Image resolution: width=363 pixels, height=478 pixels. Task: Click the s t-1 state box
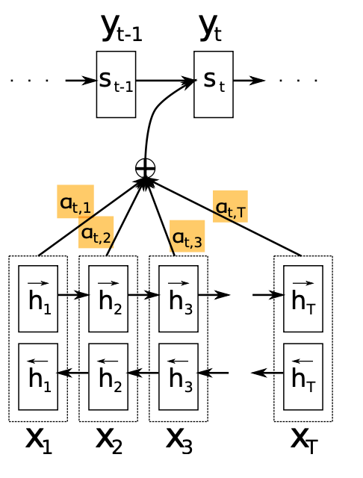click(116, 84)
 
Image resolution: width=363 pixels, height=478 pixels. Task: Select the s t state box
click(214, 84)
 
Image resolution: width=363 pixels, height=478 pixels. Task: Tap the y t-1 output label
click(121, 29)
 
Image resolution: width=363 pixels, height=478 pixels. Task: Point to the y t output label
click(211, 28)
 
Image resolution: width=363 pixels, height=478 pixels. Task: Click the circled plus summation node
click(145, 168)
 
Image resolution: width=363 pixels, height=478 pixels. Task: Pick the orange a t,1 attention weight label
click(75, 201)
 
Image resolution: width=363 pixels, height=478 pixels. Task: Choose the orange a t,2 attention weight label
click(96, 232)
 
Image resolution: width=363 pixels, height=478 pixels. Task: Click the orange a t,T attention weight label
click(230, 206)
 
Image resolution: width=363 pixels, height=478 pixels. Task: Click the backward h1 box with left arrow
click(38, 376)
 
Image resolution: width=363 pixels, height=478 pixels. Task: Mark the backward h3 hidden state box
click(179, 376)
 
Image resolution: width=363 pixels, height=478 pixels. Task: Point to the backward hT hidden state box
click(302, 376)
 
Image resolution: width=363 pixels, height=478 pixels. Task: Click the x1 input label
click(40, 441)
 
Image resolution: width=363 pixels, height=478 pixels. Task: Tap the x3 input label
click(179, 441)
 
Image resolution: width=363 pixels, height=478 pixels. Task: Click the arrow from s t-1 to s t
click(164, 80)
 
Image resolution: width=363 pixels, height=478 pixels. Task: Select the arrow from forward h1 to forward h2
click(73, 294)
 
